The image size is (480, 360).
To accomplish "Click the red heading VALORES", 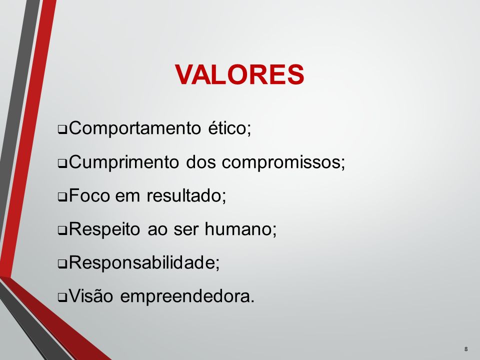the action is (239, 75).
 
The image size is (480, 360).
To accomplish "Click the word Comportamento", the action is (134, 128).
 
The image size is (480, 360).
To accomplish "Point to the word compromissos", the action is (280, 162).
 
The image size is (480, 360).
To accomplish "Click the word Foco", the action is (89, 195).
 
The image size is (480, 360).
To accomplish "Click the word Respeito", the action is (104, 229).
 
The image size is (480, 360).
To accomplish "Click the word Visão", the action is (91, 296).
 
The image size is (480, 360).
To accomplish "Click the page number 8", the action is (466, 349).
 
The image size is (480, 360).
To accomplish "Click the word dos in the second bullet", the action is (201, 162).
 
